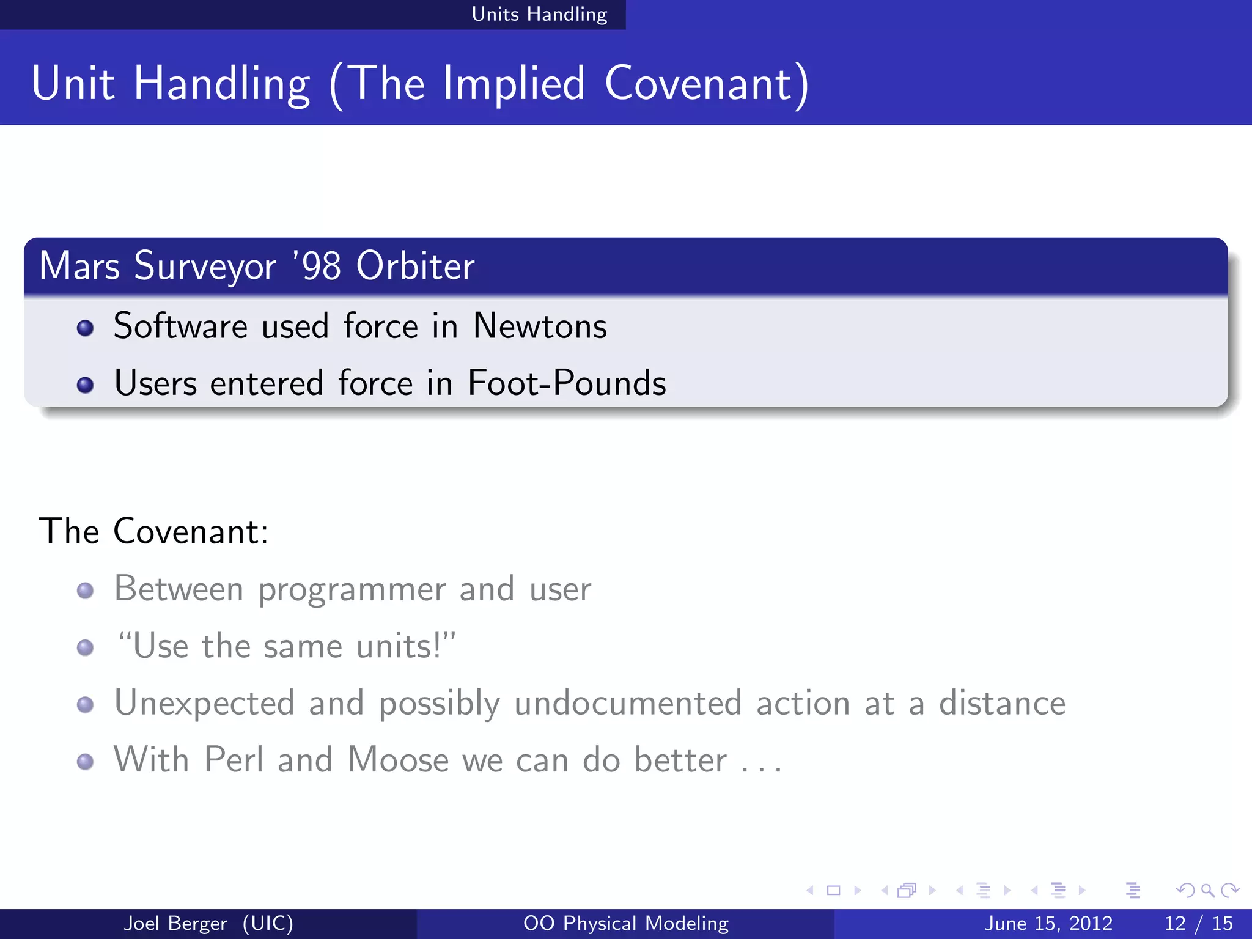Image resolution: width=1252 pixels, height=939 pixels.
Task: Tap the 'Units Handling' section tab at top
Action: click(x=539, y=14)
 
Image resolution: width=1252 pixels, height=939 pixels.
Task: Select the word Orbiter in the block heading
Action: click(x=415, y=267)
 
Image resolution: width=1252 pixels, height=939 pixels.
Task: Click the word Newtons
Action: click(x=540, y=326)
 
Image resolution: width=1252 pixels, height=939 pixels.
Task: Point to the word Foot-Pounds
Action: click(x=567, y=383)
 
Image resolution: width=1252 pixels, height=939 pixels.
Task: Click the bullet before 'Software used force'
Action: click(x=86, y=328)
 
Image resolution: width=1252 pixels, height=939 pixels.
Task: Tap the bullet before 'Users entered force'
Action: click(x=86, y=385)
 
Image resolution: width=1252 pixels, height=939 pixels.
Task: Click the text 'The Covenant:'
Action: click(x=153, y=531)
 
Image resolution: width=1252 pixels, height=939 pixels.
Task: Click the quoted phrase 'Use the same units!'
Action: click(x=286, y=646)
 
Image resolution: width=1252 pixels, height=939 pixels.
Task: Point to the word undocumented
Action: click(x=628, y=703)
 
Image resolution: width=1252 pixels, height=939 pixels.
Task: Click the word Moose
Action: click(x=398, y=760)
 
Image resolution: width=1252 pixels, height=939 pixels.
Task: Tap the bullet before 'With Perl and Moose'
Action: click(x=86, y=762)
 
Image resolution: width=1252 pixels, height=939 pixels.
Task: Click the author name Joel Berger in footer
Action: click(x=175, y=923)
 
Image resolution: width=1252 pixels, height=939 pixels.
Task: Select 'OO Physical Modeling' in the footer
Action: click(x=625, y=923)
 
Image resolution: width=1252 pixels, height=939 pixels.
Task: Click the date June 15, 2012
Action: click(x=1048, y=923)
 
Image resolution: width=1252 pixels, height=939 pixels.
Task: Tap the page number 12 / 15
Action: click(x=1198, y=923)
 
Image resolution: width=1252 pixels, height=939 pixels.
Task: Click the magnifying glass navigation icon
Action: click(x=1207, y=891)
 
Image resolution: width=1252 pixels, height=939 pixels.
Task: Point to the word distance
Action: click(x=1002, y=703)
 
